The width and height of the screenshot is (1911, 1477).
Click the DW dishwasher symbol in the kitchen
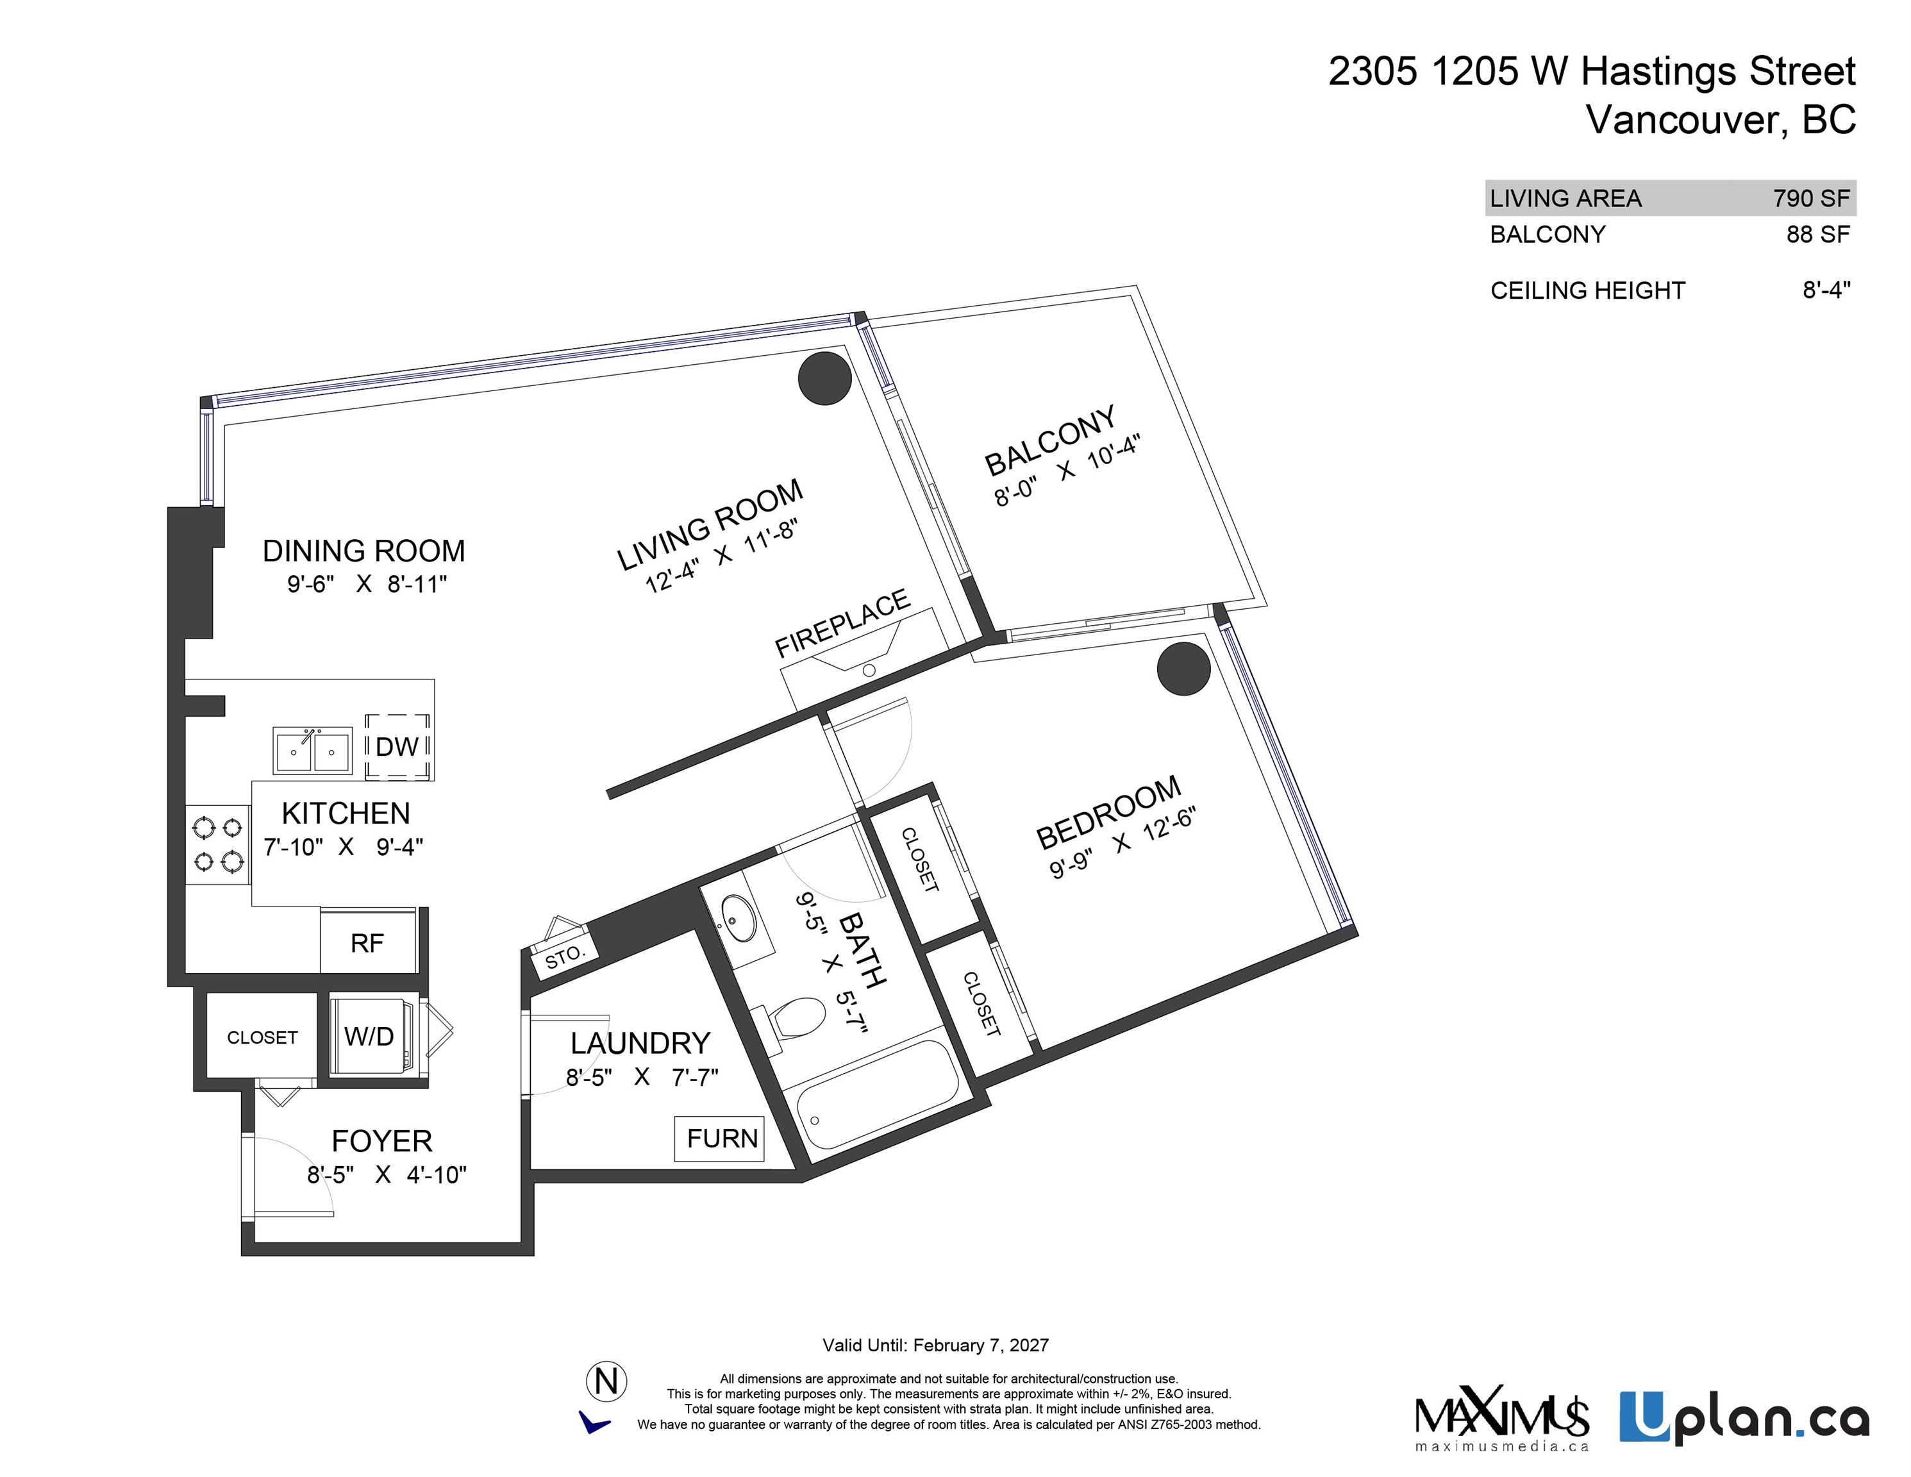[397, 746]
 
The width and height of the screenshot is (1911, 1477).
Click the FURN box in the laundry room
[719, 1139]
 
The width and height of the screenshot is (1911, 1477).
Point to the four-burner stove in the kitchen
[218, 844]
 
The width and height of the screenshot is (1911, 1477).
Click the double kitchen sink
[312, 751]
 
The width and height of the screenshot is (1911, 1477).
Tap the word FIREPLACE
[842, 623]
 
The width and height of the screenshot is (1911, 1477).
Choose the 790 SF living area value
[1811, 199]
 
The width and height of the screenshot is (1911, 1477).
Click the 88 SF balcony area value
[1818, 235]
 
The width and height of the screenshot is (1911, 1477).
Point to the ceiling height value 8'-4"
[1826, 290]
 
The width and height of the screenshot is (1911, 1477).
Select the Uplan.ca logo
[1743, 1419]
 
